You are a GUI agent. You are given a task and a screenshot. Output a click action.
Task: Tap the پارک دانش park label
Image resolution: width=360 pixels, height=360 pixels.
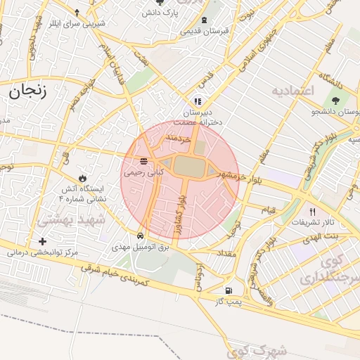pos(162,13)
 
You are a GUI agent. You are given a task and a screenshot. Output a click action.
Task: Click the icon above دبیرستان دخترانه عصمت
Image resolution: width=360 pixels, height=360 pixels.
pos(198,101)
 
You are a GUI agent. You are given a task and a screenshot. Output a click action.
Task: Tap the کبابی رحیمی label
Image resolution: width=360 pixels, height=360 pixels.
pos(143,171)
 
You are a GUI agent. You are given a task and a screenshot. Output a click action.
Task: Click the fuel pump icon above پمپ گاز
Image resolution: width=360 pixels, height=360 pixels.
pos(228,290)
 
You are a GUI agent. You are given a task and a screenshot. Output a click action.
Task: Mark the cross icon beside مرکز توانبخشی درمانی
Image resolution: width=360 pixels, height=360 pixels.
pos(44,242)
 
